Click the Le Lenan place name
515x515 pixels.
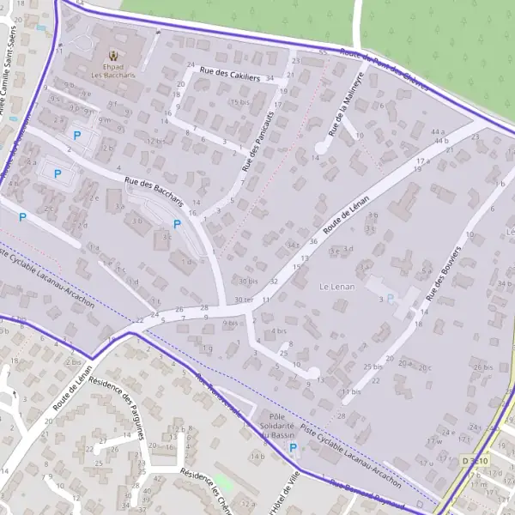[336, 285]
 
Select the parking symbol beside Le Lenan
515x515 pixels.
[391, 299]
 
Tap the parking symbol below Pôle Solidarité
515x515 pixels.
[293, 447]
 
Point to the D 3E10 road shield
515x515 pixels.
[475, 461]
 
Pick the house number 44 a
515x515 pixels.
[438, 131]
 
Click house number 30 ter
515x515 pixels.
[244, 300]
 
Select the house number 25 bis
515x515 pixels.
[372, 367]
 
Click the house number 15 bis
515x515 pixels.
[239, 102]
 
